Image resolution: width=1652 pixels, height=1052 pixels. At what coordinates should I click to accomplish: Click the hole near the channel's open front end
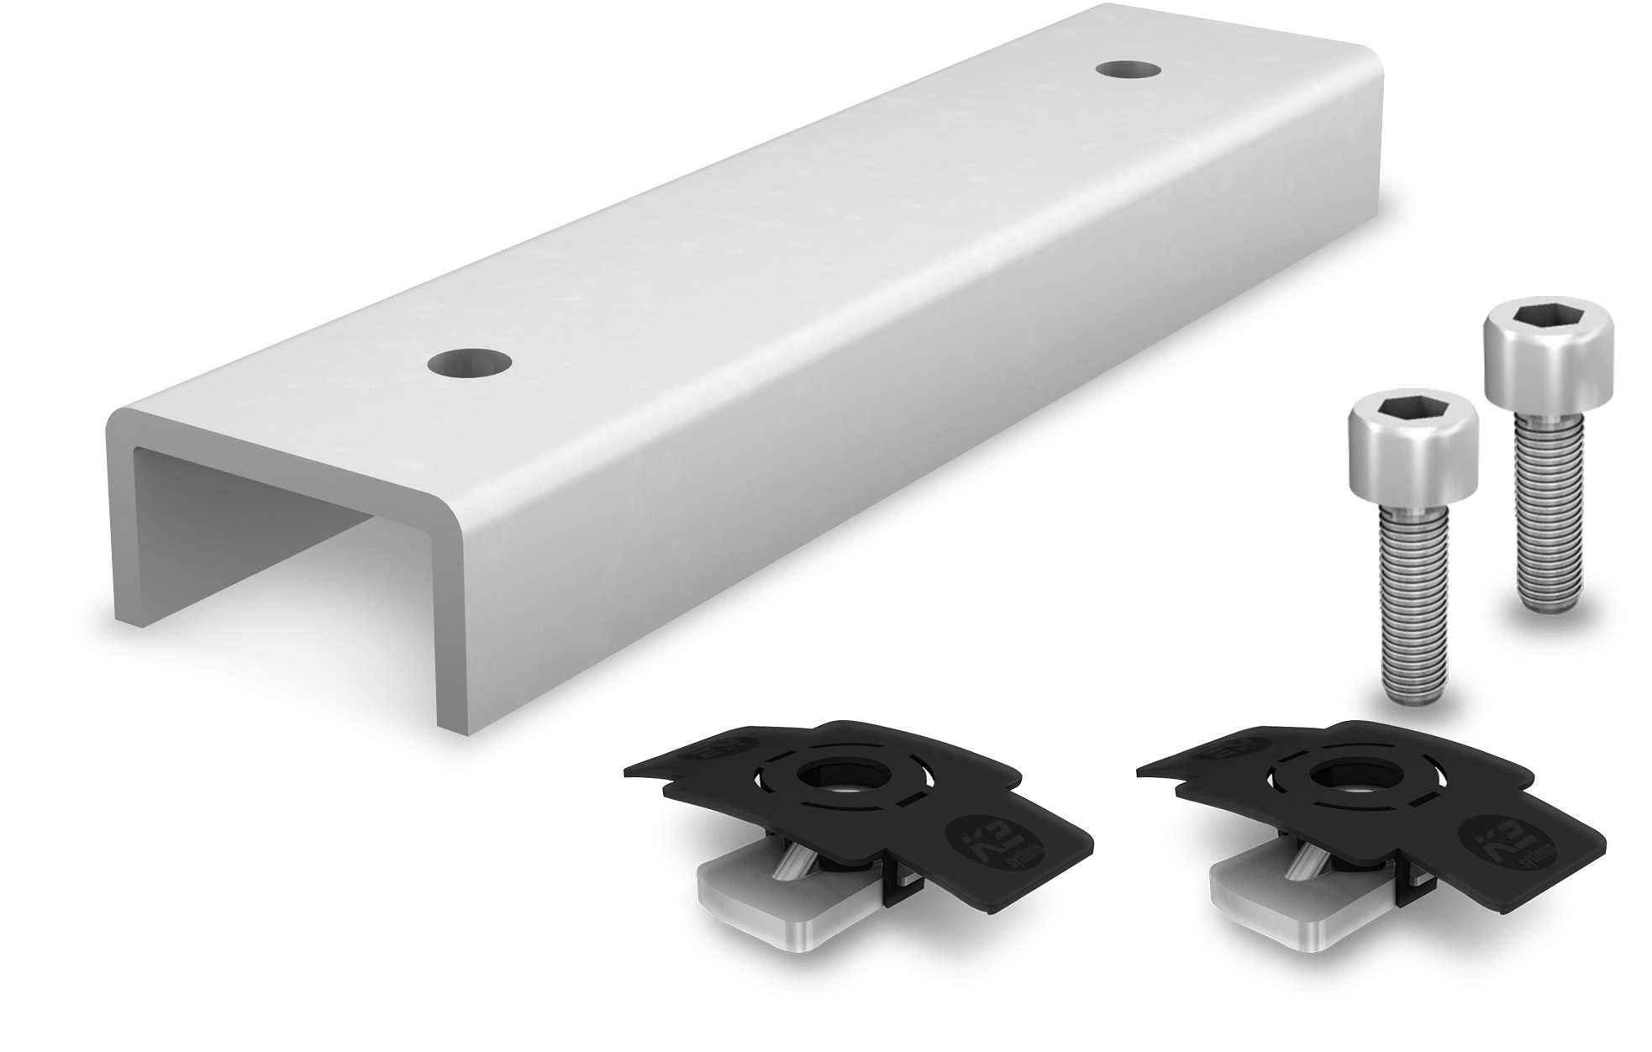click(469, 363)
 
